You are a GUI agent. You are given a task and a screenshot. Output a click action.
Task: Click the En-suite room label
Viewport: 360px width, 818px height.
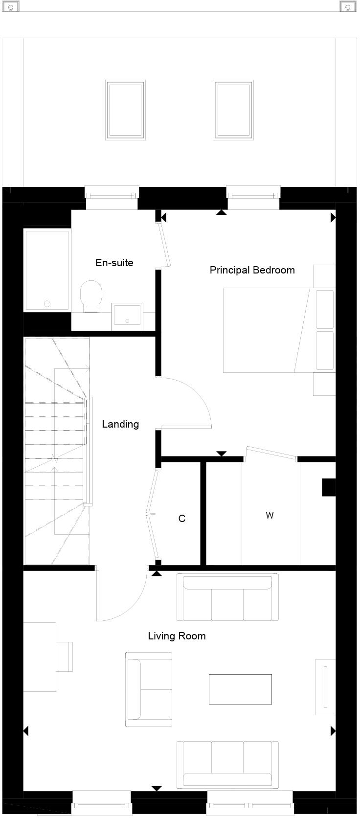click(114, 263)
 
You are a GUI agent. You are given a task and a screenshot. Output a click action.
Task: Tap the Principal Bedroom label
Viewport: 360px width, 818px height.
click(252, 270)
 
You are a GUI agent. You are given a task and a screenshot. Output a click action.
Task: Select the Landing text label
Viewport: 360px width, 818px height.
click(120, 424)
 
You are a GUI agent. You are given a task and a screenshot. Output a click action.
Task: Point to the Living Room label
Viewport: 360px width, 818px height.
click(177, 636)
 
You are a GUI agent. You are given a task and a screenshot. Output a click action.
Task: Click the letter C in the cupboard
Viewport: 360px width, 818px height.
click(182, 519)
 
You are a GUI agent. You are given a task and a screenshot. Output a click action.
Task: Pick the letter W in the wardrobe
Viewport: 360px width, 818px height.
click(270, 515)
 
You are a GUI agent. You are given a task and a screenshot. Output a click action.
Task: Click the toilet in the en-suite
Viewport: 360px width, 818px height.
click(91, 295)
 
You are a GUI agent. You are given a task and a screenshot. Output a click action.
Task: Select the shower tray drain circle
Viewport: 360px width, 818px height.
click(47, 303)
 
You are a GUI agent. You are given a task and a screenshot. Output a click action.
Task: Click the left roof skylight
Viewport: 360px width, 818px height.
click(125, 111)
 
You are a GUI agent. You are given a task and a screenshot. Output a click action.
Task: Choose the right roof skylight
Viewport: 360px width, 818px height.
click(233, 111)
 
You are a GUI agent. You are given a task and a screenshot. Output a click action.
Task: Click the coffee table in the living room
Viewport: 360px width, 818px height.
click(240, 689)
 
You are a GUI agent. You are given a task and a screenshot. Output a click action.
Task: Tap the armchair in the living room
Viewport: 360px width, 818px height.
click(149, 689)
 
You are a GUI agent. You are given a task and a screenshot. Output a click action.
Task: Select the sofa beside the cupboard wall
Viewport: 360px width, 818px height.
click(227, 597)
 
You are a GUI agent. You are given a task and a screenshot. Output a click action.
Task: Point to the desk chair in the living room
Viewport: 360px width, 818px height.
click(65, 656)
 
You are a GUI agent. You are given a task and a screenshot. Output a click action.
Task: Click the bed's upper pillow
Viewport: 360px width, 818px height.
click(325, 309)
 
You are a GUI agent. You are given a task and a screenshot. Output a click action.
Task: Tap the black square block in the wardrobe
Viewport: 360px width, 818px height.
click(329, 487)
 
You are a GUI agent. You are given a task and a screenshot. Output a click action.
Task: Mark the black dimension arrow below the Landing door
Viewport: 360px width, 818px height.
click(157, 573)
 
